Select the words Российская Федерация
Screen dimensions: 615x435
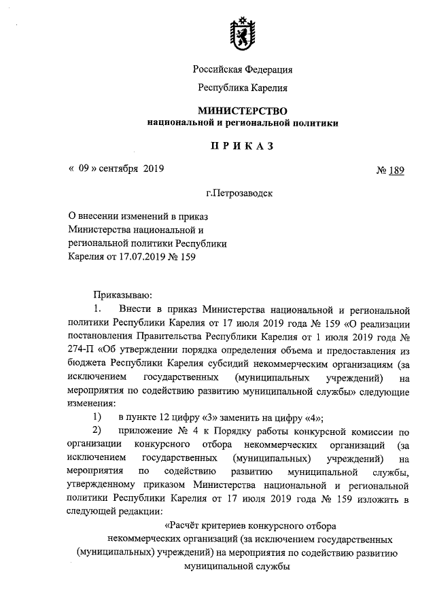coord(243,69)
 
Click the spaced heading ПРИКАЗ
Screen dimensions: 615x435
coord(243,145)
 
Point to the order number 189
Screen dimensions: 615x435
coord(396,171)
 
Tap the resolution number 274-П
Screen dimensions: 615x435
coord(83,352)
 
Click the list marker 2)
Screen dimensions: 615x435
coord(97,430)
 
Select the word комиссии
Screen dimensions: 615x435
coord(375,430)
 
